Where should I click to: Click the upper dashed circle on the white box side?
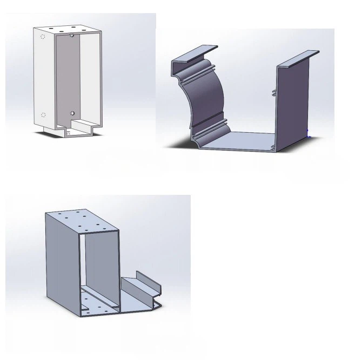point(43,37)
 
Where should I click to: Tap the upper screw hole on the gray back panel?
point(72,36)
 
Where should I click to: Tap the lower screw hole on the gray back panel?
point(72,113)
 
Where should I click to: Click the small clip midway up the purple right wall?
point(274,92)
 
